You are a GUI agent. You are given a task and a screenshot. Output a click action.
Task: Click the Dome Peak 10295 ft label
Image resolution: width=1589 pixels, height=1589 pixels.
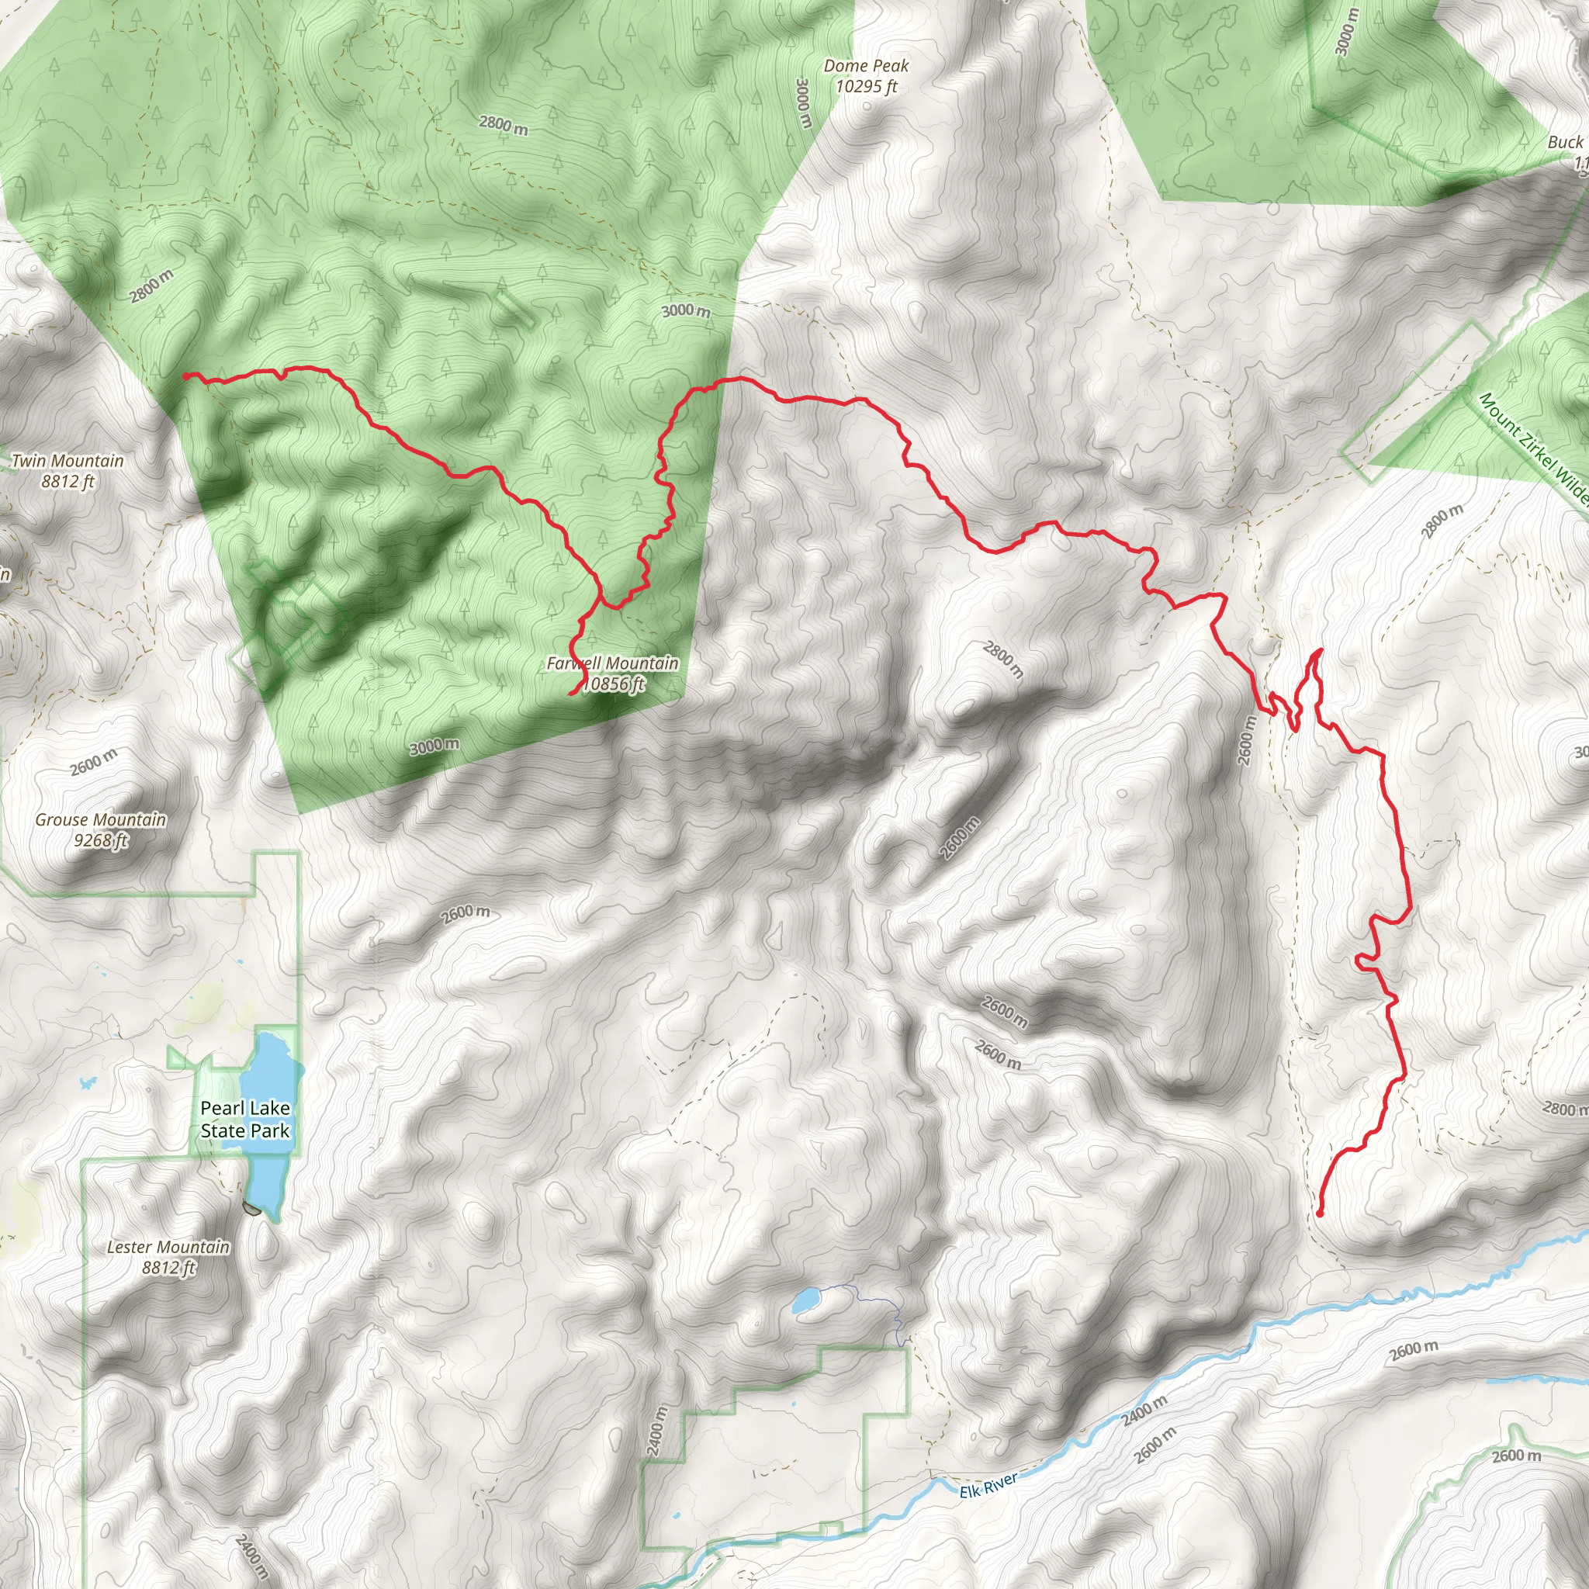[x=865, y=76]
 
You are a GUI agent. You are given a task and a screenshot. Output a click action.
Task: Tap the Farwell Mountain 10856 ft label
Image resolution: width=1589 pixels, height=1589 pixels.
[x=613, y=673]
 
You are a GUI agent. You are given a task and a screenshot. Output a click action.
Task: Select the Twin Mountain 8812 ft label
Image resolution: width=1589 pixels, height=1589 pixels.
[x=68, y=470]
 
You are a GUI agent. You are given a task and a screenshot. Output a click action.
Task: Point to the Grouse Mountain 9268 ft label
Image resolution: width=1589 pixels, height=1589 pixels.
[x=100, y=829]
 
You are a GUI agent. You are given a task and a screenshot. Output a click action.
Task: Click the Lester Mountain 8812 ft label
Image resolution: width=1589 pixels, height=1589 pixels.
[x=168, y=1257]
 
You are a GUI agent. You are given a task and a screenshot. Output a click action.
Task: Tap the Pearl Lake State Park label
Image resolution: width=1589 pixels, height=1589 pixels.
[x=245, y=1119]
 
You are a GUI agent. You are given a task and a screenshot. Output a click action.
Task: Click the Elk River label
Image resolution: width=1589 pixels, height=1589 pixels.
[x=988, y=1485]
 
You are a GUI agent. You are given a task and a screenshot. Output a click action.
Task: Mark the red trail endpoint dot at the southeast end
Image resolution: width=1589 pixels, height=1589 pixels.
[x=1319, y=1213]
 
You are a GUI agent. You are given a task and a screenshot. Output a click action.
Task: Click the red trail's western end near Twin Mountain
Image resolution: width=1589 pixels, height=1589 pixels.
[x=186, y=376]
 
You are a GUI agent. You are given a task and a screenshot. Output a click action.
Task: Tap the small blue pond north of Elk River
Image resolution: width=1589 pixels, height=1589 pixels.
[x=803, y=1300]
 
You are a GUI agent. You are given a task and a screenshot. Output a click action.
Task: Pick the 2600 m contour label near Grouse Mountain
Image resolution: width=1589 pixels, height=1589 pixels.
[x=94, y=762]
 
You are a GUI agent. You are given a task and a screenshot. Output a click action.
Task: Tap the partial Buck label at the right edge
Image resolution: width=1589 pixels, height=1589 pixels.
[x=1564, y=142]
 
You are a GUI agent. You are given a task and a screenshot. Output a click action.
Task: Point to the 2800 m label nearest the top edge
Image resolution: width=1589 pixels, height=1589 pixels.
[x=504, y=125]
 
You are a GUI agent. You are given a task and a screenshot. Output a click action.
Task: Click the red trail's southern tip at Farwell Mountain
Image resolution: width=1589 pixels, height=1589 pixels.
[x=571, y=695]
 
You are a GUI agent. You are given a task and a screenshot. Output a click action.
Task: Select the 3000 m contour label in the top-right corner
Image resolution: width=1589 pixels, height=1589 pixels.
[x=1346, y=31]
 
